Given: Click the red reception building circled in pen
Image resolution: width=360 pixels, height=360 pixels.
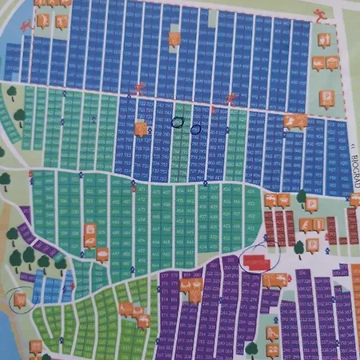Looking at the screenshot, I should [x=257, y=262].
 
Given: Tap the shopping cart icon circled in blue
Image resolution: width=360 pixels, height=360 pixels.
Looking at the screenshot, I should [x=18, y=299].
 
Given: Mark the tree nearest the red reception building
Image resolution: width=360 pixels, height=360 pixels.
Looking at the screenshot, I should [x=299, y=247].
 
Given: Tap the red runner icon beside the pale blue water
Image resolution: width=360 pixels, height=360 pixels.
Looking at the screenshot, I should [x=26, y=24].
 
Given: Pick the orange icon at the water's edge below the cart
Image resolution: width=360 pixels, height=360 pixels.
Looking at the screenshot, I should [x=35, y=346].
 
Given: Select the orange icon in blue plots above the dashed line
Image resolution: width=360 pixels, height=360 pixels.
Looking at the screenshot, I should [x=175, y=38].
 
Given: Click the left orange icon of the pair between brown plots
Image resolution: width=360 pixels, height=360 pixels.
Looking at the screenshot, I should [x=306, y=225].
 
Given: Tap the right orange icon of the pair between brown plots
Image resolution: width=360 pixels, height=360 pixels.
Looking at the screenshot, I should [x=318, y=225].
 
